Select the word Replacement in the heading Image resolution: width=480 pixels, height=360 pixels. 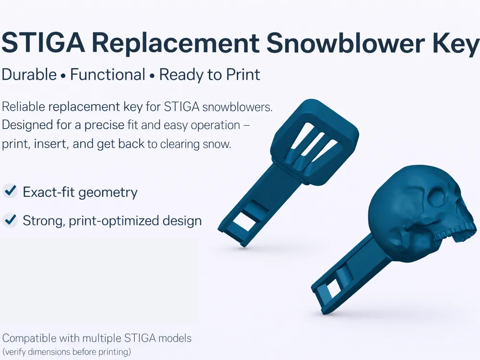(x=175, y=43)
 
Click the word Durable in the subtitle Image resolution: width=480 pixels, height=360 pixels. (x=29, y=75)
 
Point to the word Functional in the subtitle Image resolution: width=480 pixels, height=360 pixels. (x=108, y=74)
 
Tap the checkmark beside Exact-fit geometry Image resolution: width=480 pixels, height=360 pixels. (x=10, y=191)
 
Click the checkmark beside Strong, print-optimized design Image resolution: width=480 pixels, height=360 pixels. (x=10, y=219)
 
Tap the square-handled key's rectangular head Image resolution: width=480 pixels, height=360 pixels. (x=315, y=142)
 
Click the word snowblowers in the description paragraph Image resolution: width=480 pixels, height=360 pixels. (x=237, y=107)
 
